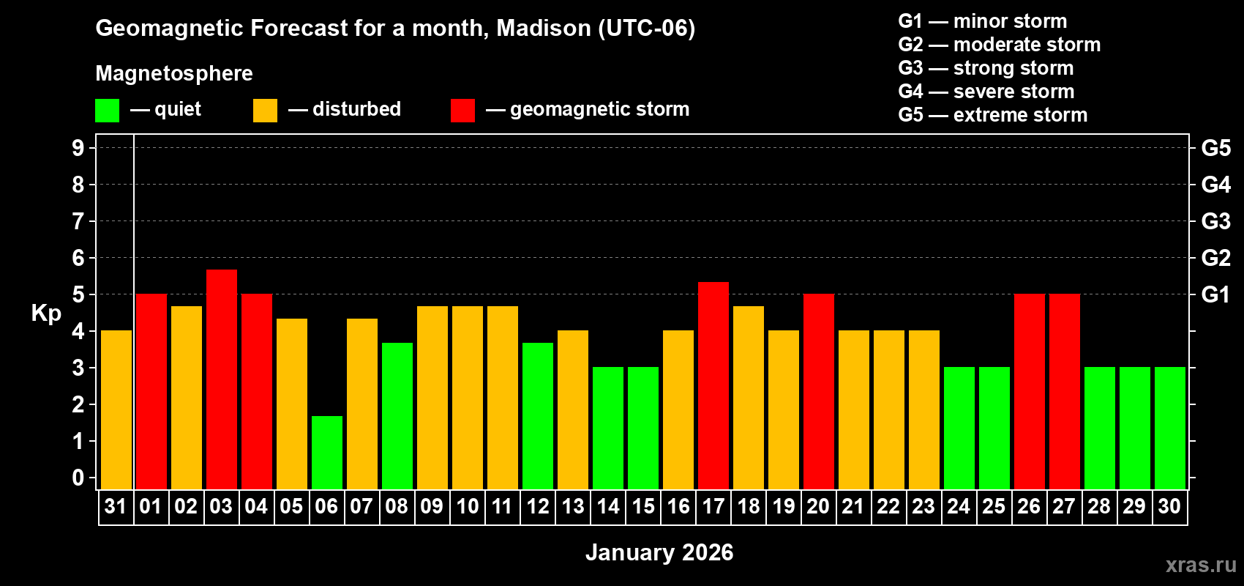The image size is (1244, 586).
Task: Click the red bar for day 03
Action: click(x=221, y=379)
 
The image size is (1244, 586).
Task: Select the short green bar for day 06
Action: click(x=326, y=452)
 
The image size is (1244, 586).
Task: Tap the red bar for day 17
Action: click(x=713, y=385)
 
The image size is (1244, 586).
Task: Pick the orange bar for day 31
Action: click(x=116, y=409)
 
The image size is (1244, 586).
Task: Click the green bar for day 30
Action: click(x=1169, y=428)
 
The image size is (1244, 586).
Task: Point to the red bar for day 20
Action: click(x=818, y=391)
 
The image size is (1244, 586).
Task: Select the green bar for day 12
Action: click(x=537, y=415)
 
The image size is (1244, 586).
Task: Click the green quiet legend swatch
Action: click(x=107, y=111)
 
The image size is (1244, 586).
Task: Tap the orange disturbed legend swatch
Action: click(x=265, y=111)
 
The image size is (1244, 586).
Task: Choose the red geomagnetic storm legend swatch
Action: click(x=462, y=111)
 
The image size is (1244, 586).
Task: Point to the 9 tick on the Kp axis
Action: click(x=78, y=148)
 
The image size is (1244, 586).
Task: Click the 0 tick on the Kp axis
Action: click(x=78, y=478)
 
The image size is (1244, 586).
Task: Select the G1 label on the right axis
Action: click(x=1215, y=294)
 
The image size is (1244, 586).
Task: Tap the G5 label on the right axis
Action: click(x=1215, y=148)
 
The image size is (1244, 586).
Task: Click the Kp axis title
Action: click(x=46, y=313)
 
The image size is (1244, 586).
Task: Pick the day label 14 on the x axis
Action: click(x=607, y=506)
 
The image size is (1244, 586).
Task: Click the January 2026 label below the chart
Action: click(x=659, y=552)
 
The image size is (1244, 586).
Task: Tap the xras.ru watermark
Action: click(x=1200, y=565)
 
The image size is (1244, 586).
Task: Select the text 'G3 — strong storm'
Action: click(x=986, y=68)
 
